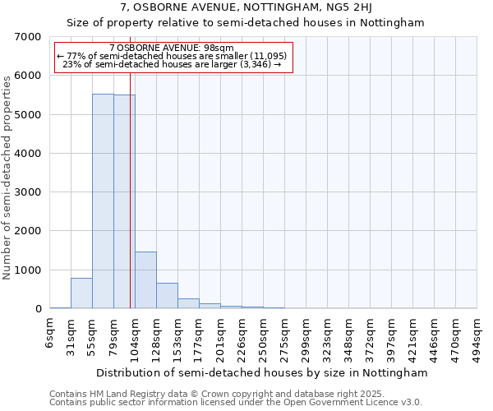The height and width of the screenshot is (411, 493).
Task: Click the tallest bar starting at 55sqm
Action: tap(103, 201)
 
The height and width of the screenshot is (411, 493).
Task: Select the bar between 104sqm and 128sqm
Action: tap(145, 280)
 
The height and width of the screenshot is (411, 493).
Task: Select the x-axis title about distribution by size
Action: tap(261, 372)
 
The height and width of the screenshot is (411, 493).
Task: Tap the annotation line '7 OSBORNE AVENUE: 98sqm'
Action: tap(172, 48)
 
